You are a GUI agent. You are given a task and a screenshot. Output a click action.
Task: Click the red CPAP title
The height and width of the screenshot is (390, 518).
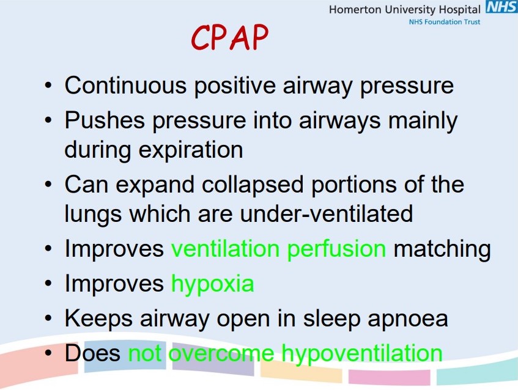click(229, 38)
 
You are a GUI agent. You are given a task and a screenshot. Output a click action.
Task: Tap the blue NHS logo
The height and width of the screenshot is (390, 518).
click(501, 7)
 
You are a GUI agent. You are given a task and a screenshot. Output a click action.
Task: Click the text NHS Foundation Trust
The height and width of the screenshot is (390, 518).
click(445, 22)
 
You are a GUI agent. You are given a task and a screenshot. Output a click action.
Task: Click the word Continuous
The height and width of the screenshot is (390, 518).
click(125, 86)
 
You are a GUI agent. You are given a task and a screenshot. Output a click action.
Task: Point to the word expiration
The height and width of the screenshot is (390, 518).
click(191, 150)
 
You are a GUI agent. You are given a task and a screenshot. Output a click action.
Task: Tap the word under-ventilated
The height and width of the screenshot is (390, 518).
click(326, 214)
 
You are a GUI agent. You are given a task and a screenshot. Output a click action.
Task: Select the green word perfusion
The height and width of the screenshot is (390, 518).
click(336, 249)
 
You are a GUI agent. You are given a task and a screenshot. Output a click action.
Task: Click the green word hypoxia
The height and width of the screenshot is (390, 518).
click(213, 284)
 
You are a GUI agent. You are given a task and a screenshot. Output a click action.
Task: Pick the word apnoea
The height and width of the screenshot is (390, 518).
click(408, 318)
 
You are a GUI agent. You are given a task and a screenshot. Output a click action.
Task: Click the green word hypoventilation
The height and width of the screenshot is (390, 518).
click(361, 353)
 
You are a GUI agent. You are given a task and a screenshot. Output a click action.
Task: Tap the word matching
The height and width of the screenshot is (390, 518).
click(442, 249)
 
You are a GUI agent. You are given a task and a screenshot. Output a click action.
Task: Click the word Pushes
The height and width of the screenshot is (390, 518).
click(105, 120)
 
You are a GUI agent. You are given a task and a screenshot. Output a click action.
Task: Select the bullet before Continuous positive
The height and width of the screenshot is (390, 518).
click(48, 85)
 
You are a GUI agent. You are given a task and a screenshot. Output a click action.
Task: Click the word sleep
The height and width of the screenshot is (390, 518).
click(331, 318)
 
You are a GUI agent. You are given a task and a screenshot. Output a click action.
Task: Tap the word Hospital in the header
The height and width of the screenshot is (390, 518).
click(460, 10)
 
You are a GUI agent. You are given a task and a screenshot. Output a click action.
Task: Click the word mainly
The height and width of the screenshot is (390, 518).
click(423, 120)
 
